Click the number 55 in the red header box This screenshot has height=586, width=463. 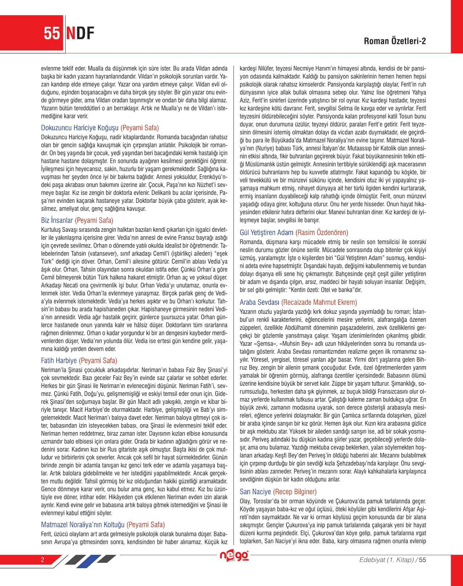coord(52,33)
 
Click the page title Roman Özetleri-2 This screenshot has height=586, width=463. coord(395,41)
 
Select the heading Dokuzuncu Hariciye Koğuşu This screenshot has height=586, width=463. coord(80,128)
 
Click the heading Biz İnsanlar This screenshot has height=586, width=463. coord(57,220)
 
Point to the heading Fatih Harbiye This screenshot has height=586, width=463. coord(59,361)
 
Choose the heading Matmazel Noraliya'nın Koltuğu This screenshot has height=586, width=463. coord(82,525)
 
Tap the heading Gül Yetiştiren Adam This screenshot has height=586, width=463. coord(266,233)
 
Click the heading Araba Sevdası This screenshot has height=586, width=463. coord(259,302)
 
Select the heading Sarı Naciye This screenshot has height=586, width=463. coord(255,492)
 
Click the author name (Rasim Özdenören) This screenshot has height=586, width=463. coord(322,233)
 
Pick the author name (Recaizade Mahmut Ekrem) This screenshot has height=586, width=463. coord(319,302)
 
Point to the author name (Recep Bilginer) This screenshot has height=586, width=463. coord(295,492)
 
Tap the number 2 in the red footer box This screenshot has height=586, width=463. coord(42,560)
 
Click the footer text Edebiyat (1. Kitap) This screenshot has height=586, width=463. coord(386,560)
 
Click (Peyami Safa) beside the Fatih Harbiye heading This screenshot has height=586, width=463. coord(98,361)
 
